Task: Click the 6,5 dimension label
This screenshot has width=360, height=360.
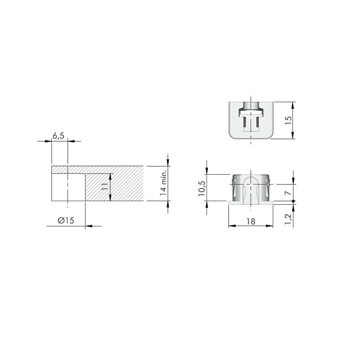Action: [58, 136]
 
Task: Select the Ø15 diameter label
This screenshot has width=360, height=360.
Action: [66, 220]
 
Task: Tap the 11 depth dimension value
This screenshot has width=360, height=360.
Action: [105, 186]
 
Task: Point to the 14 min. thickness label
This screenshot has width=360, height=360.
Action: [163, 183]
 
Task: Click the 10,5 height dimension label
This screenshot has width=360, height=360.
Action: [202, 188]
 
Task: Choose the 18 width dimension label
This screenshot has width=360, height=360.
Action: [251, 221]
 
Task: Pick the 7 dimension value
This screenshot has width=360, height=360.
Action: [288, 193]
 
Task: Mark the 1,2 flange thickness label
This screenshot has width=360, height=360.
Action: [288, 219]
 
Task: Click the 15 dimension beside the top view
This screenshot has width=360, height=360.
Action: [288, 120]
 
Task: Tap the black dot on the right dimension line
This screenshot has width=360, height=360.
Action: [293, 201]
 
